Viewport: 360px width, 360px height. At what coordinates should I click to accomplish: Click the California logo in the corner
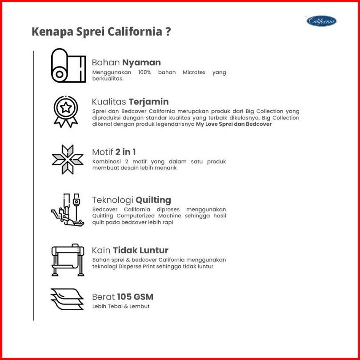(x=321, y=21)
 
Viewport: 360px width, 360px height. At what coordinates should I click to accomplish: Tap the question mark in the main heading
(x=168, y=32)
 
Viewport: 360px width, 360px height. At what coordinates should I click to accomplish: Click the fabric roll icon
(x=68, y=65)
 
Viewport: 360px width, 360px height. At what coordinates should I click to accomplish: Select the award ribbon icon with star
(x=66, y=112)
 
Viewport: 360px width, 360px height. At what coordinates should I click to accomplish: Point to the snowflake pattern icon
(x=68, y=160)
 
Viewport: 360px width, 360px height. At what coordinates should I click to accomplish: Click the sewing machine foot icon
(x=68, y=210)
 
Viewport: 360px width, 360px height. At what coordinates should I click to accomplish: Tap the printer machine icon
(x=68, y=260)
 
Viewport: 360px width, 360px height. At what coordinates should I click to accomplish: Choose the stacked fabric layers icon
(x=67, y=299)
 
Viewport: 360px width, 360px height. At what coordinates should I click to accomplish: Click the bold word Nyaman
(x=141, y=63)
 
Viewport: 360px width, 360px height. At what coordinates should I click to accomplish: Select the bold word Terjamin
(x=148, y=102)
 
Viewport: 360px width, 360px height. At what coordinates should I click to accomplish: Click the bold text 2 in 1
(x=125, y=152)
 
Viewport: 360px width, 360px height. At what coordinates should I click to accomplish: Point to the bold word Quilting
(x=153, y=200)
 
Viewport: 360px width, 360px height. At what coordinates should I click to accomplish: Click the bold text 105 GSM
(x=135, y=297)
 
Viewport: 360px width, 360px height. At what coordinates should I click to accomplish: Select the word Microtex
(x=194, y=72)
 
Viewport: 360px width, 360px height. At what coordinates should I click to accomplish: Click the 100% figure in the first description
(x=144, y=72)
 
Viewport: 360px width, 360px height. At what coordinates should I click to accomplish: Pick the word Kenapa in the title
(x=52, y=32)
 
